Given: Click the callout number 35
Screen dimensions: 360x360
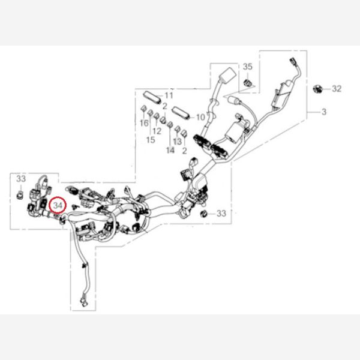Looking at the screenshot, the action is (x=247, y=67).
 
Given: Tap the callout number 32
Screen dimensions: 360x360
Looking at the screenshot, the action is (x=337, y=89).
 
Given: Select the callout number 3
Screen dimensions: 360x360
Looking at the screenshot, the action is (x=324, y=112).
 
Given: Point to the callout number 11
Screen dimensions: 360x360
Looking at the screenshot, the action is (x=169, y=95).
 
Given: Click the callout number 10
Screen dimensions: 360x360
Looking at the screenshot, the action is (x=200, y=118).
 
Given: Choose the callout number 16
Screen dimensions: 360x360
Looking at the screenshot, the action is (x=144, y=123).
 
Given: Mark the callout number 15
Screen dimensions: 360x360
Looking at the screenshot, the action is (x=151, y=140).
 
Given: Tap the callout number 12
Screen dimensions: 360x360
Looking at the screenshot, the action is (x=157, y=131).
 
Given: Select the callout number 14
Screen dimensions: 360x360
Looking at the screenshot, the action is (x=170, y=151).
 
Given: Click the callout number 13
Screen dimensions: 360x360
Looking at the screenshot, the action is (x=177, y=142).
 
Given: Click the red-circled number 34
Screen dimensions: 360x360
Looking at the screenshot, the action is (x=58, y=205).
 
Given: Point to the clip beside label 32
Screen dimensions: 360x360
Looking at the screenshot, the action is (x=318, y=89).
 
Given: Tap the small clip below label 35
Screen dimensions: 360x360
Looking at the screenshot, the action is (x=247, y=82).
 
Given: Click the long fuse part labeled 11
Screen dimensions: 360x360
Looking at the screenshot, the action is (x=152, y=97).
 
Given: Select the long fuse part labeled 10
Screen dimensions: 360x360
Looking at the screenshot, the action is (x=181, y=113).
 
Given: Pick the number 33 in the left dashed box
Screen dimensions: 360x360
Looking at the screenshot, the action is (x=21, y=179).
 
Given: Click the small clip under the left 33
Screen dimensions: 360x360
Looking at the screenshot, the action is (x=20, y=194).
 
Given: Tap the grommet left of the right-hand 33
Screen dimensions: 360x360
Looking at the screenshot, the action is (x=203, y=214).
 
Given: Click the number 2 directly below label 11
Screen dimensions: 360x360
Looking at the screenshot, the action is (x=164, y=106).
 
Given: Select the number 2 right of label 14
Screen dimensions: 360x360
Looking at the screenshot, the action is (x=184, y=151).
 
